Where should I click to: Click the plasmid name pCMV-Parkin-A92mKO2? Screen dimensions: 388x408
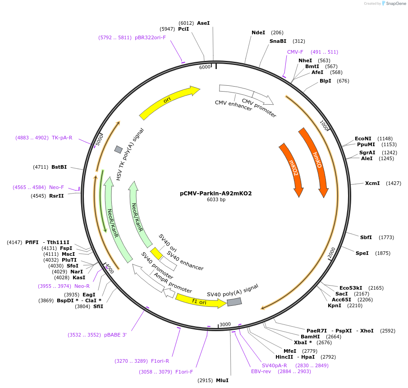[215, 194]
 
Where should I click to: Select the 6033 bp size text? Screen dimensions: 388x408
[216, 199]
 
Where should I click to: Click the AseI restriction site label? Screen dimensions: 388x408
[203, 23]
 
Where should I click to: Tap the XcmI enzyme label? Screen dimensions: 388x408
[372, 183]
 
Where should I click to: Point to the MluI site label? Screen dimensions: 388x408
[222, 380]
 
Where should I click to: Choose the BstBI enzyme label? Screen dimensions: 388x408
[59, 167]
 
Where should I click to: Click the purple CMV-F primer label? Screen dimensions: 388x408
[295, 52]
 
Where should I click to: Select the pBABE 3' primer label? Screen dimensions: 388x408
[116, 335]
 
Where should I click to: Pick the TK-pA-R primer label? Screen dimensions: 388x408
[62, 138]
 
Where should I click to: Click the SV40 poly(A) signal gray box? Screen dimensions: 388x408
[234, 302]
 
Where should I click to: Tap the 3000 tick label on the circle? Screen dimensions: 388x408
[225, 324]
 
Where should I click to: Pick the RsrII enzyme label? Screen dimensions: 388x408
[56, 196]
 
